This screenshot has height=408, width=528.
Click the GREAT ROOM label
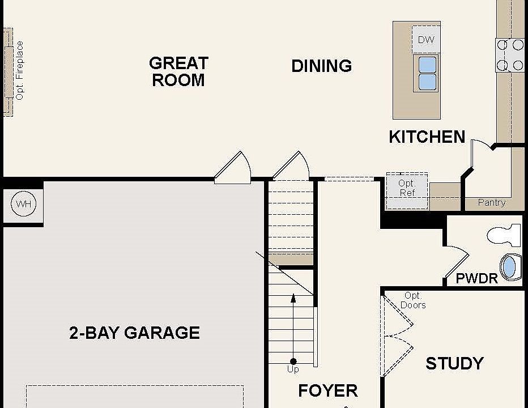(178, 72)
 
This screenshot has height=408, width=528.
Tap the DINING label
(322, 66)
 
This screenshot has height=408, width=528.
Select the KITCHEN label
(427, 137)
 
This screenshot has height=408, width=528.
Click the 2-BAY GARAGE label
(134, 333)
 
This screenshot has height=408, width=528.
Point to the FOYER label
(327, 391)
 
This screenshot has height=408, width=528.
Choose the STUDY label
(454, 364)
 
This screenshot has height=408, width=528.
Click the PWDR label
(476, 279)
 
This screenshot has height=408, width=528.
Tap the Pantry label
(492, 202)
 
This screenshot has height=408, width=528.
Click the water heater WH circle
(24, 203)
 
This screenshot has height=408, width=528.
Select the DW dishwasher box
(426, 39)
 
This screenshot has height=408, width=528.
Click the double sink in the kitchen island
(427, 73)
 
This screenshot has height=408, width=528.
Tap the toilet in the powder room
(504, 235)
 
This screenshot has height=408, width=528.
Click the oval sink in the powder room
(510, 267)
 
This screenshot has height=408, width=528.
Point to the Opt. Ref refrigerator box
(407, 191)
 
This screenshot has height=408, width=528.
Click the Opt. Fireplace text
(19, 70)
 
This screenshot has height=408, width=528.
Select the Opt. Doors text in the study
(413, 300)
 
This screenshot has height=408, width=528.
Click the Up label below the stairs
(293, 369)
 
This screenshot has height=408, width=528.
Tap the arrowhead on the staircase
(293, 298)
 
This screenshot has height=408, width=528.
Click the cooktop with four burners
(510, 55)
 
